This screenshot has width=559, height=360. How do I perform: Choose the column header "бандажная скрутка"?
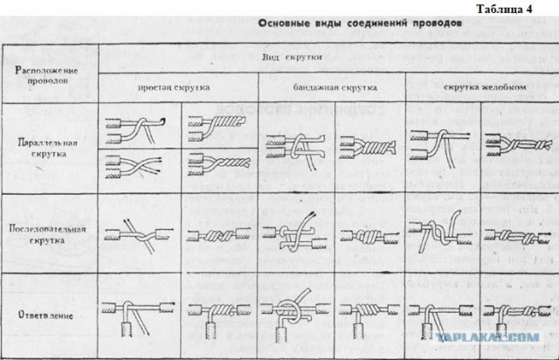coord(331,89)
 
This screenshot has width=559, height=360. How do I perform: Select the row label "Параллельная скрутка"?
coord(49,147)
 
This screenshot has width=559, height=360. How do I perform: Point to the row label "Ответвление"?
coord(49,313)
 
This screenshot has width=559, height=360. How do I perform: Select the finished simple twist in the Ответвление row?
coord(219,313)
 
